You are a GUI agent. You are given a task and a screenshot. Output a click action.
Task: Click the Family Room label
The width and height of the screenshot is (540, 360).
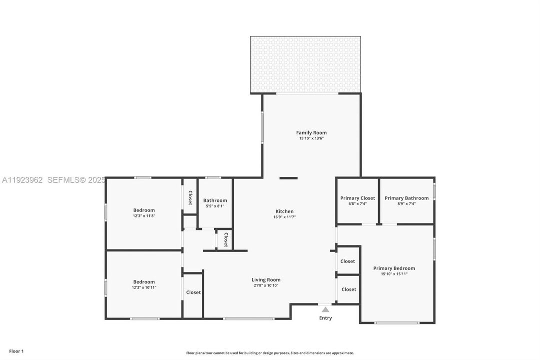(x=311, y=132)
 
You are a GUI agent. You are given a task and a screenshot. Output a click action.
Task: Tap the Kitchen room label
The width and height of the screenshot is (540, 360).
(x=284, y=211)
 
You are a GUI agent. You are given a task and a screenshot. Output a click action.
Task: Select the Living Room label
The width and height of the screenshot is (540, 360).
(x=266, y=279)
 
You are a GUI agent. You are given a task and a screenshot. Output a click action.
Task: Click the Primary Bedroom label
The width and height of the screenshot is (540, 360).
(x=394, y=268)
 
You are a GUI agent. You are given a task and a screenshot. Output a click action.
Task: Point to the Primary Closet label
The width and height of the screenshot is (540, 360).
(x=357, y=198)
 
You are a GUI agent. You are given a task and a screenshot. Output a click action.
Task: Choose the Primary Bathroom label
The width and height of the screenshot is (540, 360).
(x=406, y=198)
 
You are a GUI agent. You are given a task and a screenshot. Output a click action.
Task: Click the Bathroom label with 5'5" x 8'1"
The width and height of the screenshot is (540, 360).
(x=215, y=200)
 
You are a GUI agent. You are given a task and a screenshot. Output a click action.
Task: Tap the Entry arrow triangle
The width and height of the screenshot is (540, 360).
(x=325, y=309)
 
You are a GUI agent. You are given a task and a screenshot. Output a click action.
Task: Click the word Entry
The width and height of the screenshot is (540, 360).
(x=325, y=318)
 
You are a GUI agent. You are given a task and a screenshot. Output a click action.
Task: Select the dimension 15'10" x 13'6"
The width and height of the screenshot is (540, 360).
(x=311, y=138)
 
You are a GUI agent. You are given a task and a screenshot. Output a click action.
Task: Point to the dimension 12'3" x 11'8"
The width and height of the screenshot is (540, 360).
(x=144, y=216)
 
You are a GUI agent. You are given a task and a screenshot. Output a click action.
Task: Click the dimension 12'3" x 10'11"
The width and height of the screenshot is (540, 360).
(x=144, y=287)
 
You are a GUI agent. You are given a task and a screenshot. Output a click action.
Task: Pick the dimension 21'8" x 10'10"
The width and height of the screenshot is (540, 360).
(x=266, y=285)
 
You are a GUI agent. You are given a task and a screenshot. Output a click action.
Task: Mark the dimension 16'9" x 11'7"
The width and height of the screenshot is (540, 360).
(x=284, y=217)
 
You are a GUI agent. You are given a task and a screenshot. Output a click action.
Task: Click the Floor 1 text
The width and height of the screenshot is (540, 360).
(x=16, y=351)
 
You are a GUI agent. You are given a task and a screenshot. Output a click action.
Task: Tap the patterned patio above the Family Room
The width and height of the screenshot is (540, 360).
(x=305, y=64)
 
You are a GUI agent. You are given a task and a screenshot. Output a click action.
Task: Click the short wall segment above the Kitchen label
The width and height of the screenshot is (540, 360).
(x=288, y=178)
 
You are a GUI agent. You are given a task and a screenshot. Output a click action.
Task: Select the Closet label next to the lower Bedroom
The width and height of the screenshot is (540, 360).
(x=193, y=292)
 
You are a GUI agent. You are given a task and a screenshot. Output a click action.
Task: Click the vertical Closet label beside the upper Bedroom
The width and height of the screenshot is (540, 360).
(x=190, y=197)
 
